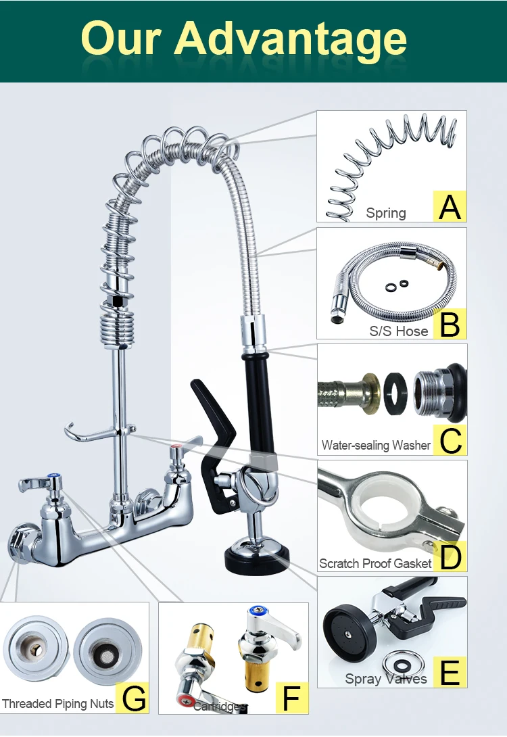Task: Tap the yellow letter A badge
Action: click(x=450, y=206)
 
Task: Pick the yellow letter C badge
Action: click(x=450, y=440)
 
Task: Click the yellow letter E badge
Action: click(x=450, y=671)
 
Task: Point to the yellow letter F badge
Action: click(x=291, y=698)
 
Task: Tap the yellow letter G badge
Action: click(x=132, y=698)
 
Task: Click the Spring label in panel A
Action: click(x=386, y=213)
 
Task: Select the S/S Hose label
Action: click(x=398, y=331)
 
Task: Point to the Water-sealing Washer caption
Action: click(x=376, y=445)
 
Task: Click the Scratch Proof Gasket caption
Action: click(x=375, y=563)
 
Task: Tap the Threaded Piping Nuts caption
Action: click(x=57, y=704)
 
